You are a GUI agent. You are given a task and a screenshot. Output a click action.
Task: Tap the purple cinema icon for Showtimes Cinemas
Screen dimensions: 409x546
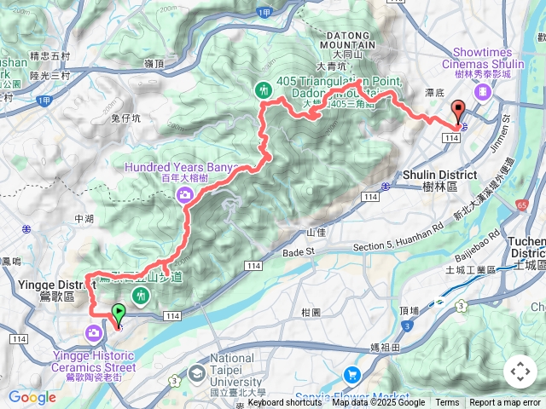[x=484, y=90]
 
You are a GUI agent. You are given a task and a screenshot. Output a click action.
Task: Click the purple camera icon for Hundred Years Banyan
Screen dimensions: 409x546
[x=184, y=196]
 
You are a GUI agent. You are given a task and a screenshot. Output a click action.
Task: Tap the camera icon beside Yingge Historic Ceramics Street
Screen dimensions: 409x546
[x=92, y=332]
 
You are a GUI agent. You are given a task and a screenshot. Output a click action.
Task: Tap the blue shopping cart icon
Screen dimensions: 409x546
[x=351, y=374]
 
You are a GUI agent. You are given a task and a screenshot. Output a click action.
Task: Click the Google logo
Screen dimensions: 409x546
[x=32, y=398]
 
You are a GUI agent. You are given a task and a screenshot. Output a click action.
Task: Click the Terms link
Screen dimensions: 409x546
[x=447, y=403]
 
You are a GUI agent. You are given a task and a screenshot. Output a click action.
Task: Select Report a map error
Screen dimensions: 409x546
[x=505, y=403]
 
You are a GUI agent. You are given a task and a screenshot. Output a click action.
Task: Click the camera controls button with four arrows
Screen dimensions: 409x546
[x=520, y=372]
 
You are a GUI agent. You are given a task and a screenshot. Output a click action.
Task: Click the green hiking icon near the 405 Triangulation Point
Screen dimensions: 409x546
[x=264, y=89]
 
